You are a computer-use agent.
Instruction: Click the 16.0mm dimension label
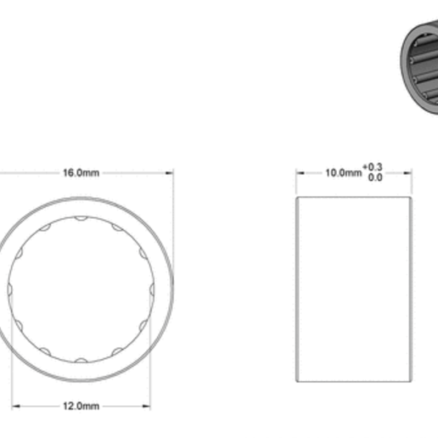(81, 173)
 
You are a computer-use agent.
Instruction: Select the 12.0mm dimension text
(81, 406)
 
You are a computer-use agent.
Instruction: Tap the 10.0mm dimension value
(342, 173)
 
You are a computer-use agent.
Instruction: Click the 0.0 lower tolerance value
(375, 177)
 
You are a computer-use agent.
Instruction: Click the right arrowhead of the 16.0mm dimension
(170, 173)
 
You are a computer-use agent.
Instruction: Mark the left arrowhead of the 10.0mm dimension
(299, 173)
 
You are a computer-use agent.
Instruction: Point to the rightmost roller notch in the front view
(151, 289)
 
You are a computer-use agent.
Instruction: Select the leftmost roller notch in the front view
(10, 289)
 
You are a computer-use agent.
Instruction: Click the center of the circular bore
(81, 289)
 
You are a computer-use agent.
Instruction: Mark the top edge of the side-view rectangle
(354, 196)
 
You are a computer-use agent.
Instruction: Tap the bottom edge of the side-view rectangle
(354, 381)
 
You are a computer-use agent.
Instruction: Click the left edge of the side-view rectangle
(296, 289)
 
